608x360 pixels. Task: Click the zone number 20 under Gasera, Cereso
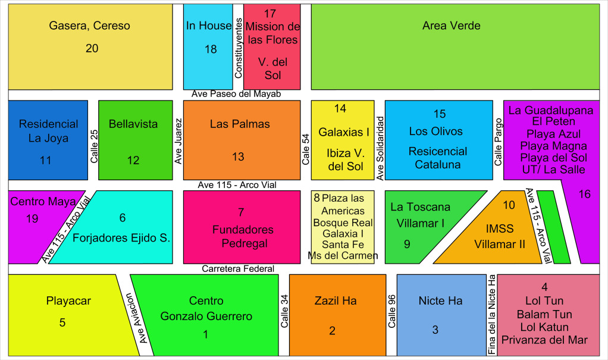[x=92, y=49]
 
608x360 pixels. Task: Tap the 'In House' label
[x=208, y=26]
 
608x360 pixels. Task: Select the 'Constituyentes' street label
[x=238, y=48]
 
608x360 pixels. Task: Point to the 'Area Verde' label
[x=451, y=26]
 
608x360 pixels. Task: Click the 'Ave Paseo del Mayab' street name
[x=236, y=94]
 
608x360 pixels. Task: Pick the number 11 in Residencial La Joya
[x=46, y=160]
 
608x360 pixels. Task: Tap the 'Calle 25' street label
[x=94, y=145]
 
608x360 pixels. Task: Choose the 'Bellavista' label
[x=133, y=124]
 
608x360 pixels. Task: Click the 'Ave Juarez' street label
[x=178, y=140]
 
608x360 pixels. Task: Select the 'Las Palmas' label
[x=240, y=124]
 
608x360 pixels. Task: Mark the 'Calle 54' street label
[x=306, y=149]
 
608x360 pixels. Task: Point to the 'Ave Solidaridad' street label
[x=381, y=148]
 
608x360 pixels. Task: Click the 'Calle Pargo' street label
[x=499, y=142]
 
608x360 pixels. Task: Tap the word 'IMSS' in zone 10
[x=499, y=228]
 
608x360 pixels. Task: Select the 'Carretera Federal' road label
[x=238, y=269]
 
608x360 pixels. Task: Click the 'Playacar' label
[x=68, y=300]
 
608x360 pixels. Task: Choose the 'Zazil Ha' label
[x=336, y=300]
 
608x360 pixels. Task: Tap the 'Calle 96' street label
[x=391, y=312]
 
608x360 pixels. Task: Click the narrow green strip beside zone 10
[x=553, y=227]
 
